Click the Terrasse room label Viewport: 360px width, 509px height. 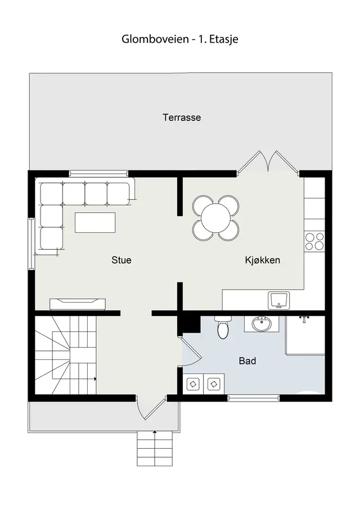182,117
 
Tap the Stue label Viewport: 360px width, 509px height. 121,260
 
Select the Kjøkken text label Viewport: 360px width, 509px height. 262,260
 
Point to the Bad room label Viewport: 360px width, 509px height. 247,361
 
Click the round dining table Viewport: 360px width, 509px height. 215,218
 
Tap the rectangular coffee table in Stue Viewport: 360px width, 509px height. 95,222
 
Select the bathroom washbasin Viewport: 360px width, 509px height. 262,324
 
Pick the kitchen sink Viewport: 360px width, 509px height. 279,300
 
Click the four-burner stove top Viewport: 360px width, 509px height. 314,241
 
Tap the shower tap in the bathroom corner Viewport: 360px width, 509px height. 304,319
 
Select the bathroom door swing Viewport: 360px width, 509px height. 191,352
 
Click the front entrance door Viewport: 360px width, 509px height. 152,408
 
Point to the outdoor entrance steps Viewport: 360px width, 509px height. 155,449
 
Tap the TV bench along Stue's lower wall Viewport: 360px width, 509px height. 78,304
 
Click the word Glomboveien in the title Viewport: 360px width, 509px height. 155,39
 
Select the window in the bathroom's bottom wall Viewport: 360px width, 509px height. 253,398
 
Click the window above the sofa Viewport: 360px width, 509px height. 100,174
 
